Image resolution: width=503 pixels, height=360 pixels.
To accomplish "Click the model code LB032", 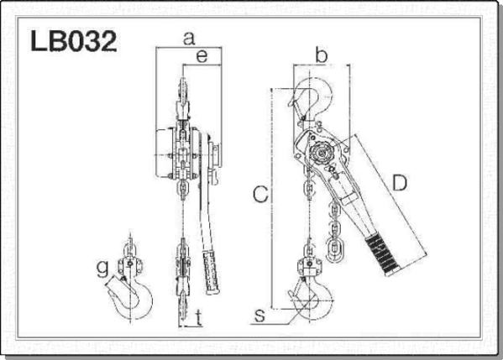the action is pyautogui.click(x=73, y=41).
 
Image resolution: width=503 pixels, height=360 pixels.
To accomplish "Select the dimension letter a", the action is pyautogui.click(x=189, y=39).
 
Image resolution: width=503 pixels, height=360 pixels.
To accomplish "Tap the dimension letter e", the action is pyautogui.click(x=202, y=56).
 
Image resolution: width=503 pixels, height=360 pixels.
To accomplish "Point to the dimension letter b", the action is pyautogui.click(x=321, y=55).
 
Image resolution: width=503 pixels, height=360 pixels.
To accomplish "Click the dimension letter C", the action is pyautogui.click(x=260, y=194).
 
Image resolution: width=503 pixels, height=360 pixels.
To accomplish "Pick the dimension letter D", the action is pyautogui.click(x=400, y=183).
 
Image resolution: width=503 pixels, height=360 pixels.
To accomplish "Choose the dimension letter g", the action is pyautogui.click(x=102, y=269).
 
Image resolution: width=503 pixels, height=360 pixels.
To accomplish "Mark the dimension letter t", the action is pyautogui.click(x=199, y=318).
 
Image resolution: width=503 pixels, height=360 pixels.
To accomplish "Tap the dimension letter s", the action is pyautogui.click(x=259, y=316).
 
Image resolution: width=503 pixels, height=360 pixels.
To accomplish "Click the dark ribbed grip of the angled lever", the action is pyautogui.click(x=383, y=254).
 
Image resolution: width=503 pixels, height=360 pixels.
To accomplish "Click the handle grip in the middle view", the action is pyautogui.click(x=212, y=273).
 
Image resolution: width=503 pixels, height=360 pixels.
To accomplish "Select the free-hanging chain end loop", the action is pyautogui.click(x=334, y=248).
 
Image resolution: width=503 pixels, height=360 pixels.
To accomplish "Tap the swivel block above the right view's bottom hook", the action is pyautogui.click(x=309, y=265).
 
